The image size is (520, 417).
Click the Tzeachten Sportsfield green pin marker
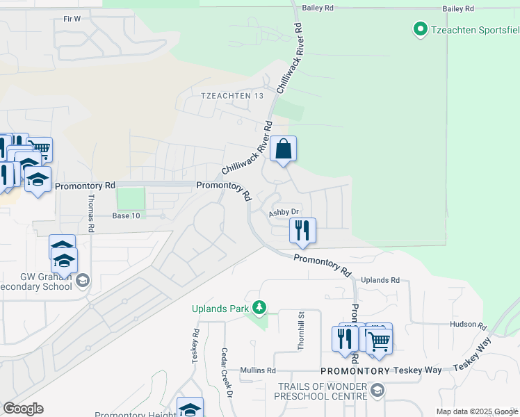click(x=420, y=29)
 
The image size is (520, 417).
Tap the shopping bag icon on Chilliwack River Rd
click(x=283, y=149)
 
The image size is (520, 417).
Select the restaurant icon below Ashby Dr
click(x=302, y=230)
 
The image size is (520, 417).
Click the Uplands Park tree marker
click(x=259, y=307)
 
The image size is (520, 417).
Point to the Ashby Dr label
click(x=284, y=212)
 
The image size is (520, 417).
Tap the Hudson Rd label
click(x=467, y=325)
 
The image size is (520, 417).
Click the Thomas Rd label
click(x=90, y=213)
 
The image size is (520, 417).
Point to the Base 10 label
click(x=126, y=216)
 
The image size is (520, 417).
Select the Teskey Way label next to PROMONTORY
click(x=416, y=370)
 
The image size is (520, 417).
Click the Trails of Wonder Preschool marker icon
click(x=377, y=391)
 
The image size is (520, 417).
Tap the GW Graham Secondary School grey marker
click(x=83, y=281)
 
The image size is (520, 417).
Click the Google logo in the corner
click(x=23, y=409)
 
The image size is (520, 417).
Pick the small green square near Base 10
click(x=130, y=198)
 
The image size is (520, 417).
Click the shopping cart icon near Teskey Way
click(x=379, y=341)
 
